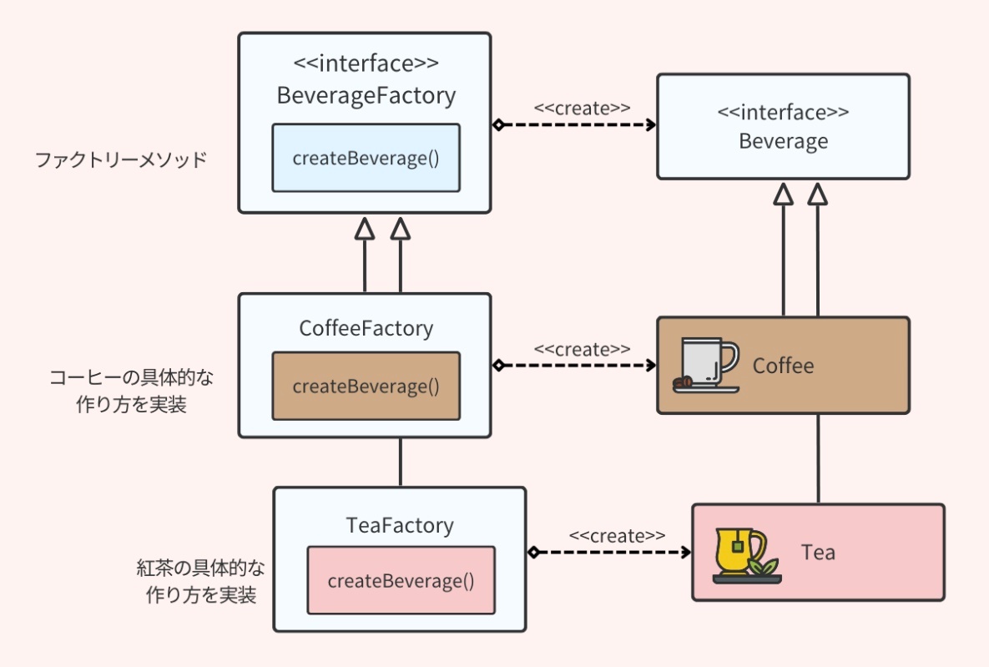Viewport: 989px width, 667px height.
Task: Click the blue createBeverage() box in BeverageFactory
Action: (x=366, y=159)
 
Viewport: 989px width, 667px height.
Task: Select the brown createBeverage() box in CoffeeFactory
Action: (x=366, y=387)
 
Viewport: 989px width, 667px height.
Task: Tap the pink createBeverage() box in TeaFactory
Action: (x=401, y=581)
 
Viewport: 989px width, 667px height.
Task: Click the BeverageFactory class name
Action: (x=366, y=96)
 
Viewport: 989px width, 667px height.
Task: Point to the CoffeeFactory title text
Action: (x=366, y=328)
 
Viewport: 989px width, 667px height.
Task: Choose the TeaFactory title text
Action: (x=400, y=525)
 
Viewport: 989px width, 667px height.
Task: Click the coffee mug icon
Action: (x=706, y=365)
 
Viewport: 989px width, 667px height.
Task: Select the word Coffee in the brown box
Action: (x=783, y=366)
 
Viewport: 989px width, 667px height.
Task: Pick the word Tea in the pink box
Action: (x=818, y=553)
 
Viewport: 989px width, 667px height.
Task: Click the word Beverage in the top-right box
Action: (x=783, y=141)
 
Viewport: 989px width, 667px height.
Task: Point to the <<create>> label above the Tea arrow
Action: (x=617, y=535)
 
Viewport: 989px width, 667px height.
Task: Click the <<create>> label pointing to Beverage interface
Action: (x=582, y=108)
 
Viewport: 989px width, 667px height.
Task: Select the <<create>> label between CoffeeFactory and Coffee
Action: (x=582, y=349)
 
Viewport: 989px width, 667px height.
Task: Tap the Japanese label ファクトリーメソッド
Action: (x=120, y=160)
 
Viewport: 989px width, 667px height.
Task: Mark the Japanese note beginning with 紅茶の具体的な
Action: (x=200, y=582)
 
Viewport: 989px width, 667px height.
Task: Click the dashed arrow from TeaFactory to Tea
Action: (x=613, y=553)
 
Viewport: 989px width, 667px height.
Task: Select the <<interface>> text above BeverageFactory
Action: (x=366, y=63)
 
